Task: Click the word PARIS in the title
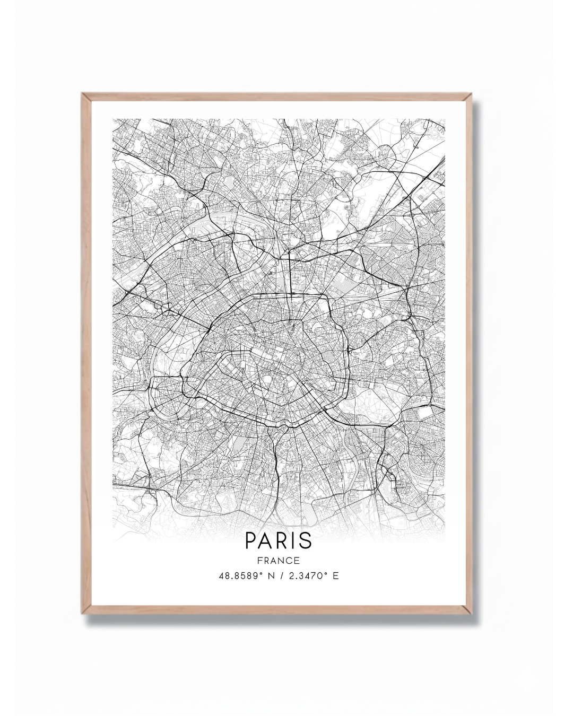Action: [x=279, y=540]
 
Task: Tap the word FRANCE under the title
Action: [x=279, y=560]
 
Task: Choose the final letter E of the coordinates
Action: [x=335, y=575]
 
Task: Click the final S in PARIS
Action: [x=306, y=540]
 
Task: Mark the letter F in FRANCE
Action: [x=259, y=560]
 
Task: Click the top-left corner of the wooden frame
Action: [x=83, y=94]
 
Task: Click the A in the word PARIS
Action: [x=266, y=540]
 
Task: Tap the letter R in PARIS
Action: [x=282, y=540]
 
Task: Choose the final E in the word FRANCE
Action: [x=298, y=560]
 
